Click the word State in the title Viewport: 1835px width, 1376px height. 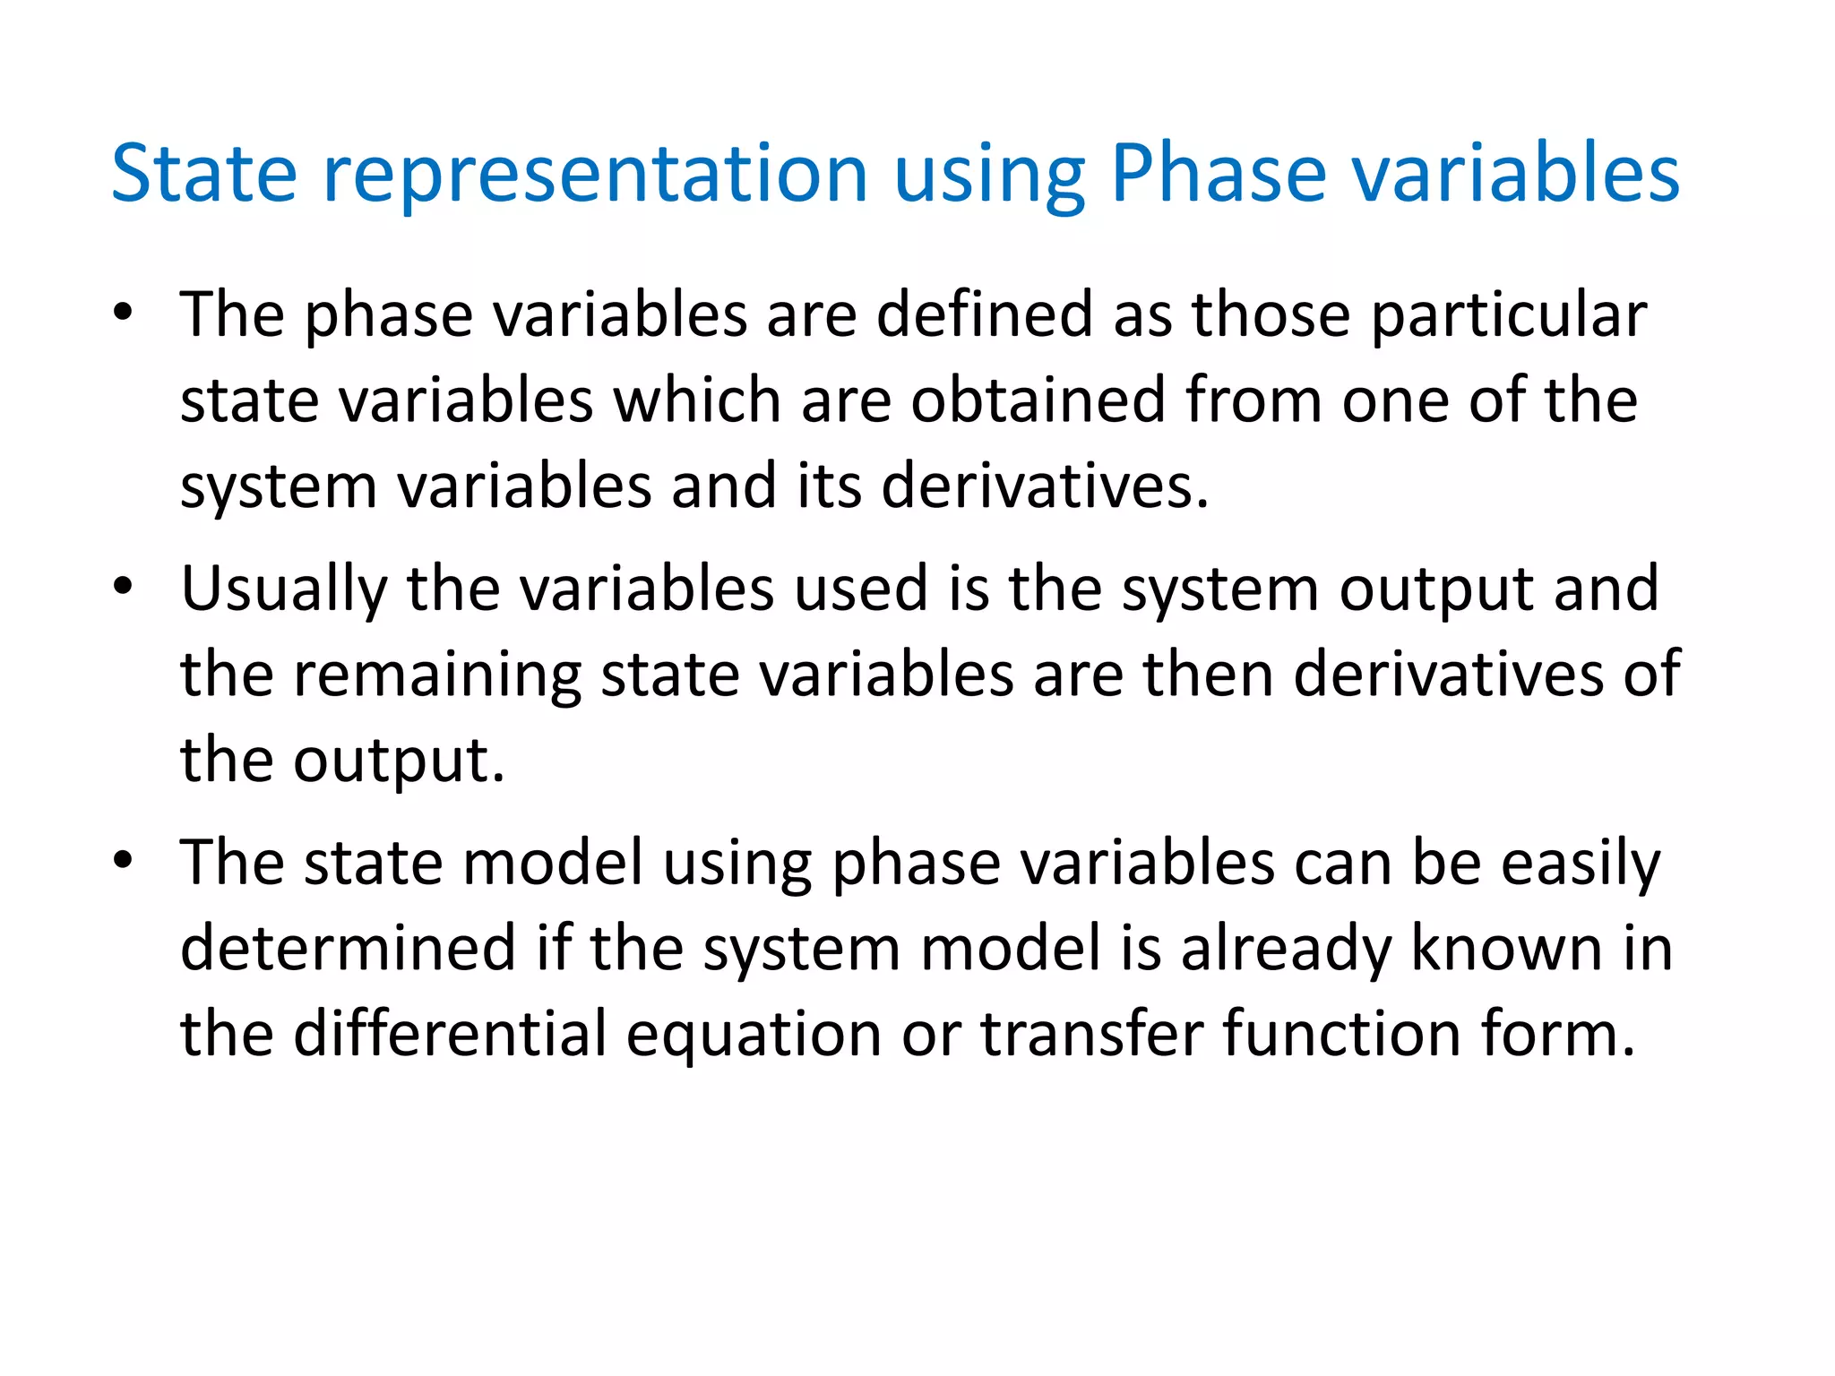click(x=203, y=174)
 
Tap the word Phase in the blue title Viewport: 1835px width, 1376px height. click(x=1218, y=174)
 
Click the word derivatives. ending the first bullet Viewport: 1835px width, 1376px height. click(x=1045, y=486)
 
